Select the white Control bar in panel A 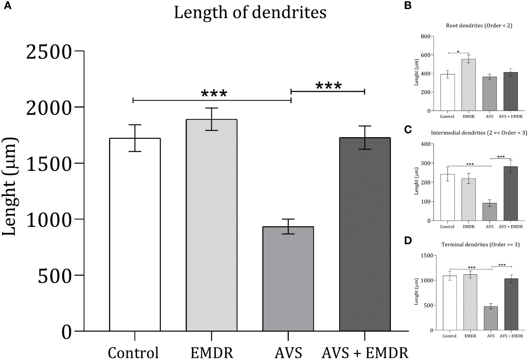pos(135,234)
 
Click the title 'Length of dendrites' pos(250,12)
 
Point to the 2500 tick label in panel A pos(49,51)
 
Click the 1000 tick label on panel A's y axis pos(49,220)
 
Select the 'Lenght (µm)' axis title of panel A pos(10,186)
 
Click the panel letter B pos(408,6)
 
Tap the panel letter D pos(408,241)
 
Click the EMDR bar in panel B pos(468,85)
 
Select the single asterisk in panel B pos(458,51)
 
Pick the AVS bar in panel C pos(490,212)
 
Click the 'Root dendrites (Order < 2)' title pos(479,26)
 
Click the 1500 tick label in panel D pos(426,255)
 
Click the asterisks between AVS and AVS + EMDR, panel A pos(328,86)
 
